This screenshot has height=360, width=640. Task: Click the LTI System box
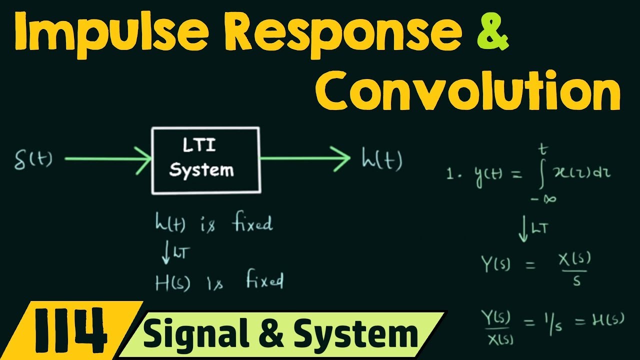(x=205, y=160)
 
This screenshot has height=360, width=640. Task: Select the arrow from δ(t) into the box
(x=107, y=160)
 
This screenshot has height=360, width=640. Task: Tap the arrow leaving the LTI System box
(x=305, y=159)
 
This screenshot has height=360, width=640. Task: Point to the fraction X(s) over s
(x=575, y=268)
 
